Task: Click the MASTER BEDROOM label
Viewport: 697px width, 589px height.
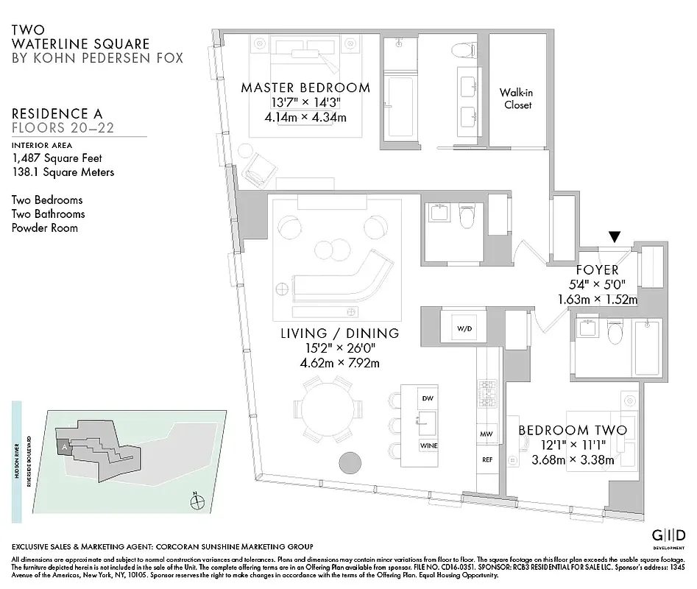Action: (305, 88)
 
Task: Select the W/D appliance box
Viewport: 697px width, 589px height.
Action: (464, 328)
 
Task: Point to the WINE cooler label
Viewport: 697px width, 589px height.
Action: (428, 446)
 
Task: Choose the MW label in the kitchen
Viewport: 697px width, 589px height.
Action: (487, 434)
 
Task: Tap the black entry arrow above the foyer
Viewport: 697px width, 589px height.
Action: (615, 237)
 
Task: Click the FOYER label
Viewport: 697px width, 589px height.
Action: (596, 269)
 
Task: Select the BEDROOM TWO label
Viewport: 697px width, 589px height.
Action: (573, 430)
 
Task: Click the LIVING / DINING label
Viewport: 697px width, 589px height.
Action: (339, 334)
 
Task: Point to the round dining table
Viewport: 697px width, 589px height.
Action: (328, 409)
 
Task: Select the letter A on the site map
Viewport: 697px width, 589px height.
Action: (65, 446)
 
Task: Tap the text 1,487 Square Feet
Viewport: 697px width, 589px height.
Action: (57, 158)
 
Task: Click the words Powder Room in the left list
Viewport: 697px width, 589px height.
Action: (45, 228)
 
